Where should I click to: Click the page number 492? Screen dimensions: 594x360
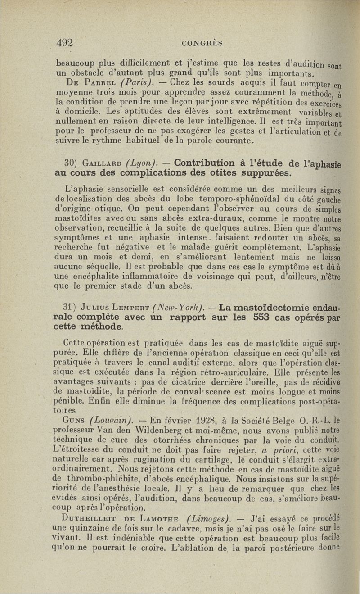pos(65,43)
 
